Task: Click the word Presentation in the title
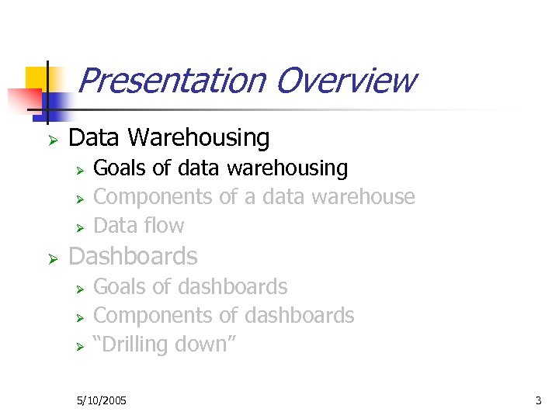pos(172,80)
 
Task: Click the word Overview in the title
pos(345,80)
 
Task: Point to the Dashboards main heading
pos(133,256)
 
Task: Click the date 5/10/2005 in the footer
pos(102,400)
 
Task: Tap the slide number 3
pos(538,400)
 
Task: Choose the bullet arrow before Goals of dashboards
pos(78,289)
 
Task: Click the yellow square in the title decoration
pos(36,78)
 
